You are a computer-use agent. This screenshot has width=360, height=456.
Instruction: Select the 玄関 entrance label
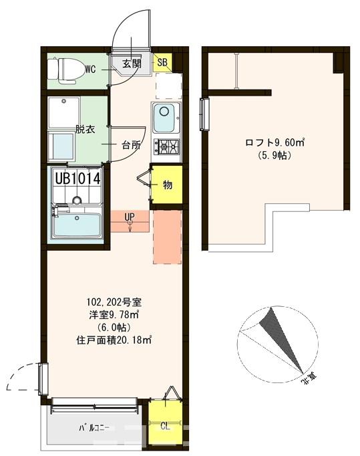[132, 64]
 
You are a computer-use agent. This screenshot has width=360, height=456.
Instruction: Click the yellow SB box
[162, 64]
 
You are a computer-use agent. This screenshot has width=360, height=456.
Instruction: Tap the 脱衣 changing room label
[85, 129]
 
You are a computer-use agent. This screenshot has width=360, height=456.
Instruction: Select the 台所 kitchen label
[131, 144]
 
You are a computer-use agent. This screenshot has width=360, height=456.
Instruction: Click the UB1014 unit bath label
[77, 179]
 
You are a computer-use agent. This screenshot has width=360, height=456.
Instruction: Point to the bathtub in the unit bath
[77, 226]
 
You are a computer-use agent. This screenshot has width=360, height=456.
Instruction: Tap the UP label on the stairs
[130, 217]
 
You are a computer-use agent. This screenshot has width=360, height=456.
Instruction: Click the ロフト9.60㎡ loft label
[275, 142]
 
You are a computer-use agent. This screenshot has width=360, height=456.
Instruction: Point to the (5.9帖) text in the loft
[275, 155]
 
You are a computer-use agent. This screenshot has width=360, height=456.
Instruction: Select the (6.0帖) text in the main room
[113, 328]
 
